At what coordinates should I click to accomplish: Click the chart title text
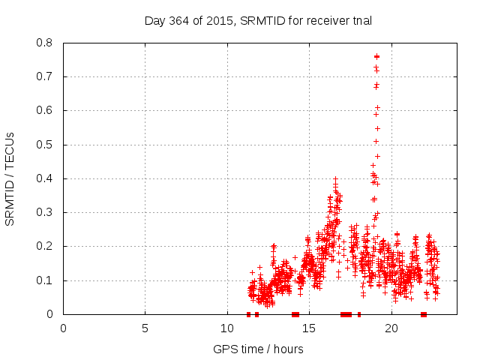tap(258, 20)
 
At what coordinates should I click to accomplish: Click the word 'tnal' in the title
tap(361, 20)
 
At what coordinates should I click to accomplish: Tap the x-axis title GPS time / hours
tap(258, 349)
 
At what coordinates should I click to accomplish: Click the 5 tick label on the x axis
tap(145, 328)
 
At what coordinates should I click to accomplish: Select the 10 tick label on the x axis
tap(227, 328)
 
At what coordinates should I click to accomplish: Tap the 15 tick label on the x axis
tap(309, 328)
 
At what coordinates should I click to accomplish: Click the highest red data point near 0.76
tap(376, 56)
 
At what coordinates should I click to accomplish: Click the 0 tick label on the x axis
tap(63, 328)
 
